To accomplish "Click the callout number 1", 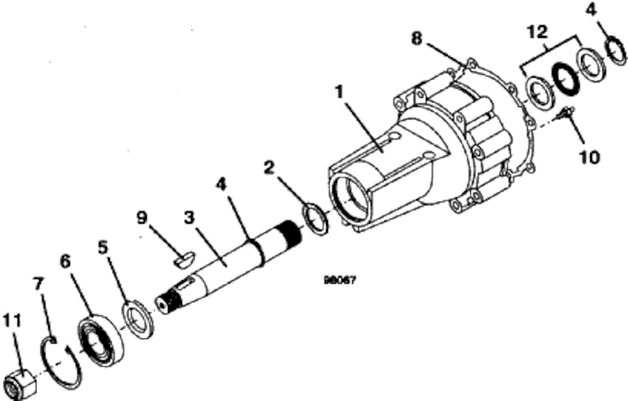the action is (x=340, y=92).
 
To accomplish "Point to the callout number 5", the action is (x=103, y=248).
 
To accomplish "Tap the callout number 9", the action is (x=142, y=219).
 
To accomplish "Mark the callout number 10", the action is (x=588, y=156).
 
